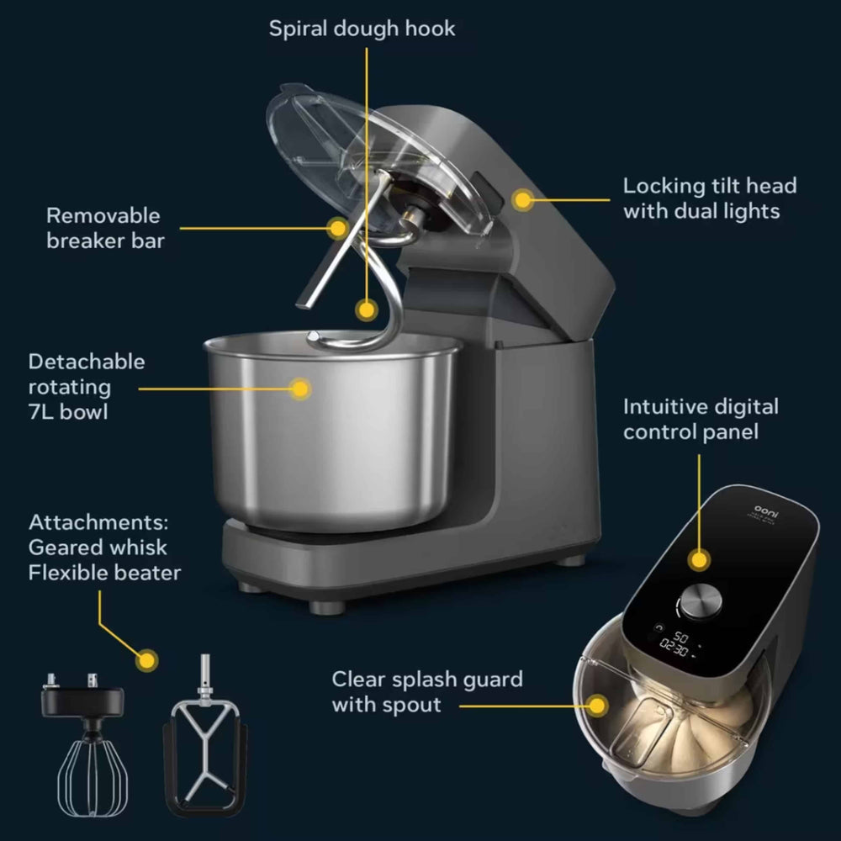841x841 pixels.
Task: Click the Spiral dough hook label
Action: pyautogui.click(x=362, y=29)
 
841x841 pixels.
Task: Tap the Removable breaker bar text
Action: pyautogui.click(x=105, y=228)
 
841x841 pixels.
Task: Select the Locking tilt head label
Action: pyautogui.click(x=709, y=198)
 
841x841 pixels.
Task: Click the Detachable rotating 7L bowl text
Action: pyautogui.click(x=86, y=387)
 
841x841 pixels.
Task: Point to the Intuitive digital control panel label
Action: pyautogui.click(x=701, y=419)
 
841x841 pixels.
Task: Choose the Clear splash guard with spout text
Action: pyautogui.click(x=426, y=691)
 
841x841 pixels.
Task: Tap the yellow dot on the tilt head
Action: pyautogui.click(x=523, y=200)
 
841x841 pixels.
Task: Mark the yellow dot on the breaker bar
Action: pyautogui.click(x=337, y=227)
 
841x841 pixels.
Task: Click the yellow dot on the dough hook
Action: pyautogui.click(x=365, y=309)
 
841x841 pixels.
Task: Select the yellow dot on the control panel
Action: pyautogui.click(x=697, y=559)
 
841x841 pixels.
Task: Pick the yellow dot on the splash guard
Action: pyautogui.click(x=598, y=705)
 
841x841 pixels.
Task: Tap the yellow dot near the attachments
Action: pyautogui.click(x=147, y=660)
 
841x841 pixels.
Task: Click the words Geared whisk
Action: pyautogui.click(x=98, y=547)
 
